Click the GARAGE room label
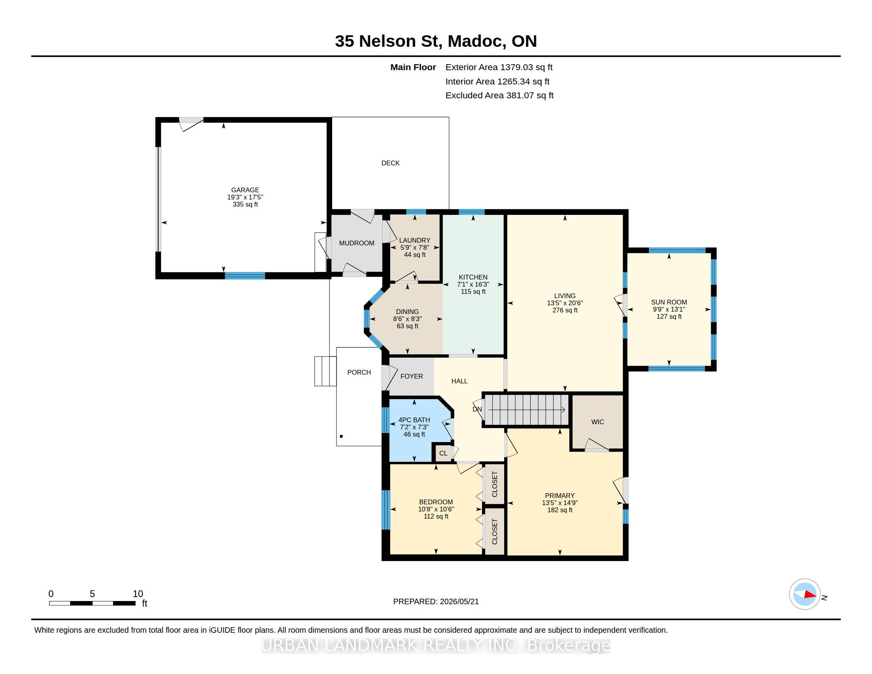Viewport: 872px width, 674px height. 245,190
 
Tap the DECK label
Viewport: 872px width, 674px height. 390,163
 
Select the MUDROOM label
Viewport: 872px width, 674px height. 357,243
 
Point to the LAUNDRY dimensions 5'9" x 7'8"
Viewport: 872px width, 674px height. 415,247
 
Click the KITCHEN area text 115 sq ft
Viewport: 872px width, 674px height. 473,291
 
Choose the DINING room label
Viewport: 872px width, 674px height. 407,312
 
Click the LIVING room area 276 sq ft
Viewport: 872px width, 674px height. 565,310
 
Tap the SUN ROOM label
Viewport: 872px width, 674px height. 669,302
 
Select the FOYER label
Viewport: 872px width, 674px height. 412,377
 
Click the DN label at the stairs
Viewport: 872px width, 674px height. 477,409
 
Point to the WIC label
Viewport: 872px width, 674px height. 598,422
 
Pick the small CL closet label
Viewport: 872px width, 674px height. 443,453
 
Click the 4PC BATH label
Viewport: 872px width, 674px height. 414,420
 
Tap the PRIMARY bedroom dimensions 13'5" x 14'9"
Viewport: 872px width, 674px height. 560,503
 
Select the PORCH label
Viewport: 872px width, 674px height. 359,373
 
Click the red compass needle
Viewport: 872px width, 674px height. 811,595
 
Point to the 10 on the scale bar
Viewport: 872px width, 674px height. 138,594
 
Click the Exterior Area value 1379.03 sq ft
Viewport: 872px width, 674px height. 527,67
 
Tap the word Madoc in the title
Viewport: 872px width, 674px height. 475,41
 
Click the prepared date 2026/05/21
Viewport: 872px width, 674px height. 459,602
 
